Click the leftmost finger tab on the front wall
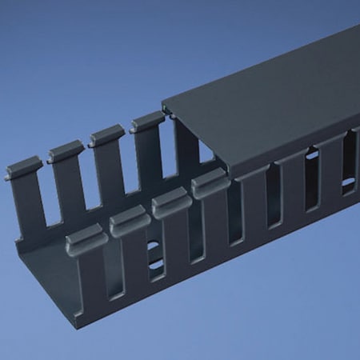[x=86, y=239]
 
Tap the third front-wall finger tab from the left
[x=171, y=205]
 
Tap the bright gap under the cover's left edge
[x=206, y=152]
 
